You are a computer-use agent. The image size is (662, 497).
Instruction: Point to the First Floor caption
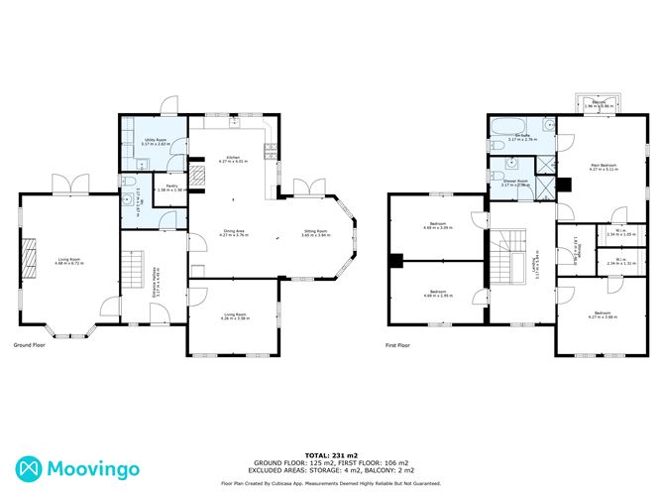[x=397, y=345]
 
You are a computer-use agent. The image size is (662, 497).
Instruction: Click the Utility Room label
[x=154, y=142]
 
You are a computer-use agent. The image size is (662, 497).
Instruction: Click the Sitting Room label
[x=315, y=231]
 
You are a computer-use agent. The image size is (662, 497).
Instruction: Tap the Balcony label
[x=600, y=102]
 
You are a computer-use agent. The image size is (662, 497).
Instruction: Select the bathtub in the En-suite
[x=498, y=126]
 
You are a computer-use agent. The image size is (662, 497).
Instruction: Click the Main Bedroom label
[x=604, y=167]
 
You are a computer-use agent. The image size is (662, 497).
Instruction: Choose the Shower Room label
[x=516, y=183]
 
